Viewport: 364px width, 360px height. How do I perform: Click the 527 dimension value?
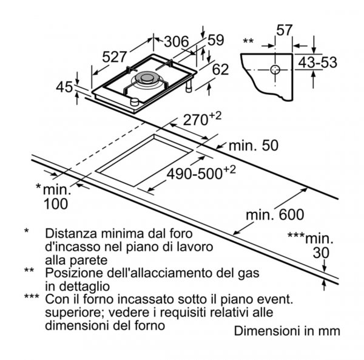115,56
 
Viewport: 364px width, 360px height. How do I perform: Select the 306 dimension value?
177,42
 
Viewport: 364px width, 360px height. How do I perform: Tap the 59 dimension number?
215,40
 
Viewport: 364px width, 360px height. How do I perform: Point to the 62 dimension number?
221,69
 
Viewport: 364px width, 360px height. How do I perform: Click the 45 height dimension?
64,87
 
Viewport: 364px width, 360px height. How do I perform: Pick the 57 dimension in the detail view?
284,30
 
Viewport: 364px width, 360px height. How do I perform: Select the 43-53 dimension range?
317,63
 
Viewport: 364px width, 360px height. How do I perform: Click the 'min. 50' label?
254,146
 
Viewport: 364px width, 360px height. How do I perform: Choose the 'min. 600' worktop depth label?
275,215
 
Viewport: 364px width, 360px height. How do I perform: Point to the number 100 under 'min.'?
56,204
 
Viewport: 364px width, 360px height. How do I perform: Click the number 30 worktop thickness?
321,253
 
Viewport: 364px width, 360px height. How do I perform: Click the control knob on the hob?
135,102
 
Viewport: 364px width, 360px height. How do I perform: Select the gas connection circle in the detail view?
275,70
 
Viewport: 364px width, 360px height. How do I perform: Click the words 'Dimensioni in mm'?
287,331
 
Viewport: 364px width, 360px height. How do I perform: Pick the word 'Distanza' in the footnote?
71,233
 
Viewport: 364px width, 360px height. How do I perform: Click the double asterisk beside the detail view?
248,41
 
